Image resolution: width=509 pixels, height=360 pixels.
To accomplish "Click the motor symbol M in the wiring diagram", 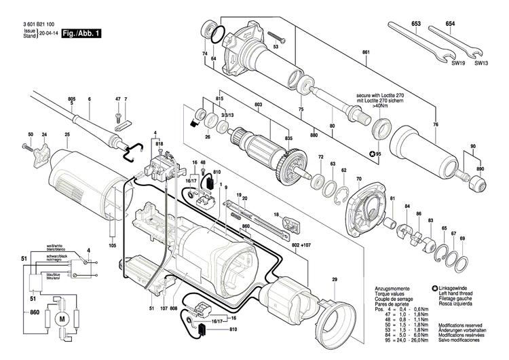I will point(61,319).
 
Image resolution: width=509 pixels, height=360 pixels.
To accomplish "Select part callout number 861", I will point(366,53).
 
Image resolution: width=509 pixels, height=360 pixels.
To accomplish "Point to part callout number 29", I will point(334,280).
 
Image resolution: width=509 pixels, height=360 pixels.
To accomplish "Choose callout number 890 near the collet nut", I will point(480,168).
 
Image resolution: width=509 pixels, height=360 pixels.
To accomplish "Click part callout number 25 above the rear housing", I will point(67,134).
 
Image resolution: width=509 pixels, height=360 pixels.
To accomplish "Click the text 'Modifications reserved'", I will point(463,325).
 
